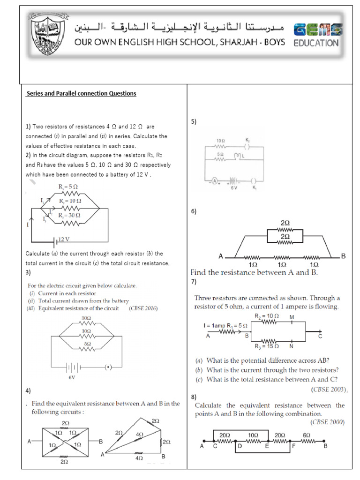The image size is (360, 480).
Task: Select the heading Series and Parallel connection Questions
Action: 82,93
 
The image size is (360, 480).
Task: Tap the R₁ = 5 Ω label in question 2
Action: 69,187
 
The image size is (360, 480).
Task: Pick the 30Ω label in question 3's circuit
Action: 86,318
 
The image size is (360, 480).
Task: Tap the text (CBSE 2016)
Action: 143,308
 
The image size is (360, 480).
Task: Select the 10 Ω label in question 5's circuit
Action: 220,141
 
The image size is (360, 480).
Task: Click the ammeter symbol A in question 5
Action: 214,181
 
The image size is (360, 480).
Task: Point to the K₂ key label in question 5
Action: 247,140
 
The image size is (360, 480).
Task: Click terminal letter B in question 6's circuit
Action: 343,256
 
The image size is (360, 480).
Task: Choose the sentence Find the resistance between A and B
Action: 254,272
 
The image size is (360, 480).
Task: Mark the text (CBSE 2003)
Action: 328,389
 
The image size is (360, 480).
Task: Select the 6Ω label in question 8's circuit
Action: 306,435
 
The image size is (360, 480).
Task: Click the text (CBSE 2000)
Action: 328,422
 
